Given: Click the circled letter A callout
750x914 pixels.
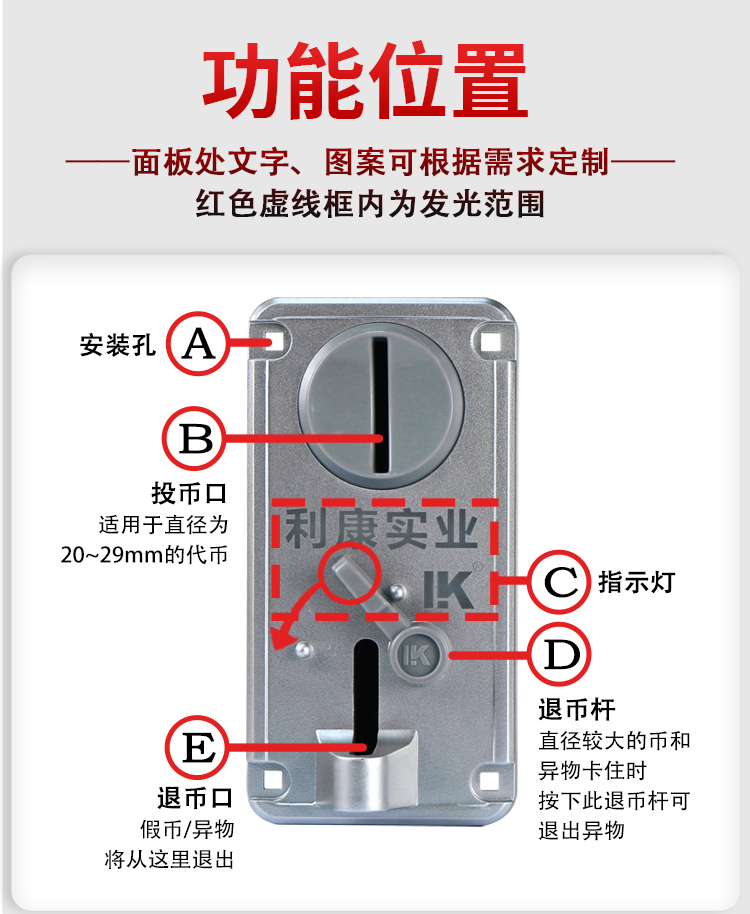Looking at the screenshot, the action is click(x=198, y=343).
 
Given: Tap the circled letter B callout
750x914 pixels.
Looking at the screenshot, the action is click(x=193, y=438).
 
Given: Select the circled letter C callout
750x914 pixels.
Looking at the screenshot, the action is click(x=559, y=581).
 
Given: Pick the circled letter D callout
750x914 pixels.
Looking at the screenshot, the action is click(x=559, y=654).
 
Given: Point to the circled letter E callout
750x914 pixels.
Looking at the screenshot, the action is click(x=198, y=747).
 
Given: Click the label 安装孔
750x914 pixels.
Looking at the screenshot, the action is click(x=118, y=345).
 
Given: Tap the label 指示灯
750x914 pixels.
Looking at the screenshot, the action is click(x=636, y=582).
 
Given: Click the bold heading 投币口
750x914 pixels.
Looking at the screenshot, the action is click(x=189, y=493).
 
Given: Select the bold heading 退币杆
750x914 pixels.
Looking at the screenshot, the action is click(x=577, y=710).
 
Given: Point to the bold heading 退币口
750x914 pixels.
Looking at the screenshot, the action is click(x=195, y=797).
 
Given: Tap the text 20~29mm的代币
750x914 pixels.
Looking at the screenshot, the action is click(x=145, y=554).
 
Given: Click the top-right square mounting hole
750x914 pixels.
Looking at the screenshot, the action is click(x=491, y=341).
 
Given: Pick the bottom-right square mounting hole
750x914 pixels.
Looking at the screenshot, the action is click(x=490, y=781).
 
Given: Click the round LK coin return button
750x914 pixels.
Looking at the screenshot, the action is click(x=417, y=655).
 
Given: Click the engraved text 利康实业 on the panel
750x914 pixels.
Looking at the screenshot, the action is click(x=382, y=529).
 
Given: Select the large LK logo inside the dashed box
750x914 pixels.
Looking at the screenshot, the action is click(x=448, y=589).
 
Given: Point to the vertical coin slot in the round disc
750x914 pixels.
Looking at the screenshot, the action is click(x=380, y=406).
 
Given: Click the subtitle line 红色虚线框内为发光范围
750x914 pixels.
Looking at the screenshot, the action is click(x=370, y=203).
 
